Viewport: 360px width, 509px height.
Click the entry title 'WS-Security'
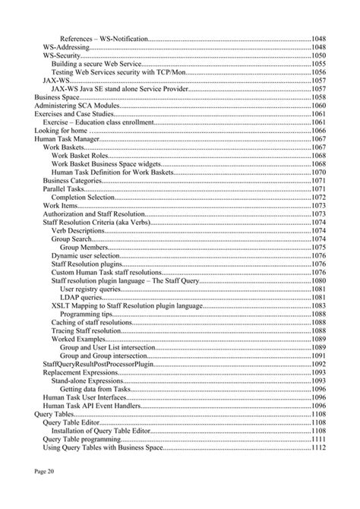pos(62,55)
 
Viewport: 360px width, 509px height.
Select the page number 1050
pos(319,55)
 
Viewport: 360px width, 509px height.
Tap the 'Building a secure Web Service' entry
pos(96,64)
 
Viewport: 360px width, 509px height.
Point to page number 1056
pos(319,72)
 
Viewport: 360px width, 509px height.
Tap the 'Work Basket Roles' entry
pos(81,156)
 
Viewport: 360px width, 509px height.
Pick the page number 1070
pos(319,172)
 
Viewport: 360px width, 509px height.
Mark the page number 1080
pos(319,281)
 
